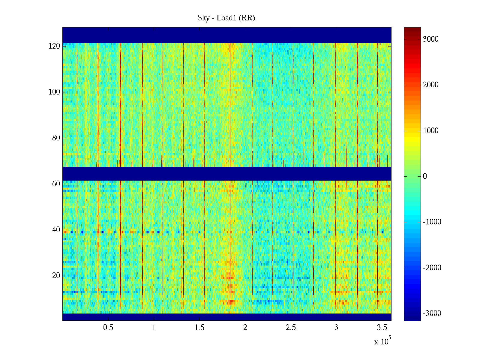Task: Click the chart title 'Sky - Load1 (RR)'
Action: [226, 18]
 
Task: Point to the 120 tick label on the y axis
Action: [54, 46]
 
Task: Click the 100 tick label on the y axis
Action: [54, 92]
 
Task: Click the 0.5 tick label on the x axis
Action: [108, 328]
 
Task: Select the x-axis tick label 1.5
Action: [199, 328]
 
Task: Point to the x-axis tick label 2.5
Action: [291, 328]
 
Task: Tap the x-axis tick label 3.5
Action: [382, 328]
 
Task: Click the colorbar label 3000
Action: [431, 39]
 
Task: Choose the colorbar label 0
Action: [425, 176]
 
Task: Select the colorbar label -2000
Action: [432, 268]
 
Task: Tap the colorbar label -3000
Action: [432, 313]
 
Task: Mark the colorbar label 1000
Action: [431, 131]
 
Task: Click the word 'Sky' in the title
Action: [203, 18]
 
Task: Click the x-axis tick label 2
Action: [245, 328]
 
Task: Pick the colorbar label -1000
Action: [432, 222]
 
